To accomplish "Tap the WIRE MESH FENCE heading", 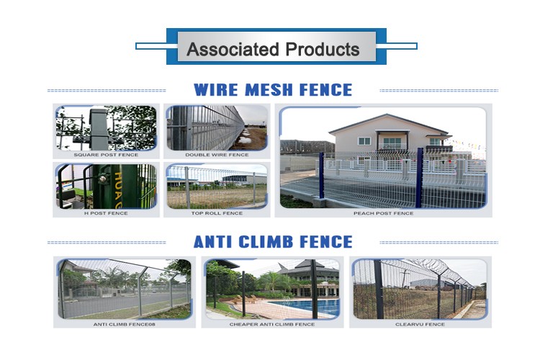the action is point(273,90).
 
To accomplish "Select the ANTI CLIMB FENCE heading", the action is point(273,242).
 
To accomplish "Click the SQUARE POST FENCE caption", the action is point(106,155).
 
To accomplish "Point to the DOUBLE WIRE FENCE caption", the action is point(217,155).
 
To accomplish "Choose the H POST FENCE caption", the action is point(106,213).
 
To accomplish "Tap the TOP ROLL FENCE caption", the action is point(217,213).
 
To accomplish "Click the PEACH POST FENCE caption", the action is point(383,213).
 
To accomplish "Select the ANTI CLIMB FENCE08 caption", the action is point(125,324).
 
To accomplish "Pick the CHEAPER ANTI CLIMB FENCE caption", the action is point(272,324).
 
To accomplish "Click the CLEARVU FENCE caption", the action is point(420,324).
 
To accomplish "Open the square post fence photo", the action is point(106,128).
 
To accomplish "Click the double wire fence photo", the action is point(217,128).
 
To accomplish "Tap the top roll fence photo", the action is point(217,186).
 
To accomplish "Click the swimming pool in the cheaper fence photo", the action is point(303,306).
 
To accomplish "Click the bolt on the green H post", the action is point(102,179).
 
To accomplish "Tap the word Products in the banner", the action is point(323,49).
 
